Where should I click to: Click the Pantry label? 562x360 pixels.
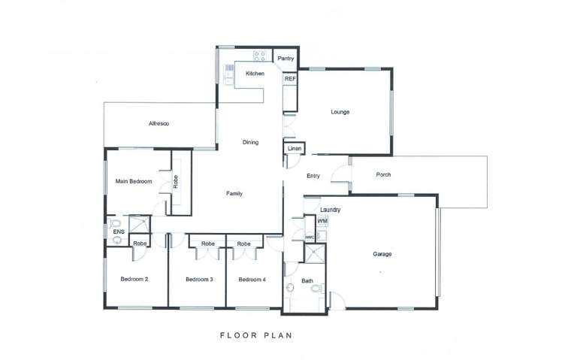click(x=286, y=59)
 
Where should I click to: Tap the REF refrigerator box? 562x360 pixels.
click(x=290, y=78)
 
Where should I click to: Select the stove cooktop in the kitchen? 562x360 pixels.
click(x=260, y=56)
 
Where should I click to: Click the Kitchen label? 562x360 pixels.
click(x=255, y=74)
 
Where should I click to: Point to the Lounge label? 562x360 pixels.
click(x=340, y=112)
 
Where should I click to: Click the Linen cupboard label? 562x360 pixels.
click(x=295, y=149)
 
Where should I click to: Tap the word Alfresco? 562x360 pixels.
click(x=159, y=124)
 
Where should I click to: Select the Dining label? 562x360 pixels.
click(x=250, y=142)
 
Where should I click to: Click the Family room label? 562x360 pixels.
click(x=234, y=194)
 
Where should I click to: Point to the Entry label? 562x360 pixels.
click(x=313, y=176)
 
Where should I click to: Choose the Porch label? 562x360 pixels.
click(x=383, y=174)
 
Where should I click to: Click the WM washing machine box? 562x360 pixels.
click(x=322, y=221)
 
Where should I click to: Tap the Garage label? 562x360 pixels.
click(x=382, y=254)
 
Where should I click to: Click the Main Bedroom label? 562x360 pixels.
click(x=134, y=181)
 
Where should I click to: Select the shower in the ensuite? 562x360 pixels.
click(x=140, y=224)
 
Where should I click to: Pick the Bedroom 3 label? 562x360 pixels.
click(x=199, y=280)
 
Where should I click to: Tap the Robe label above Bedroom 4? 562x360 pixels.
click(x=243, y=244)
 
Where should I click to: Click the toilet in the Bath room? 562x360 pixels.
click(x=317, y=288)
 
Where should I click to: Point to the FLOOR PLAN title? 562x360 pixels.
click(x=256, y=336)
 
